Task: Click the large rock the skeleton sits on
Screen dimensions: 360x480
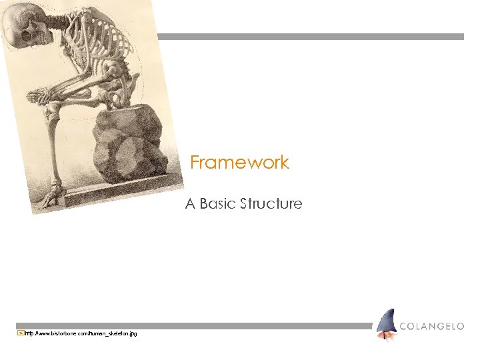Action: (x=130, y=143)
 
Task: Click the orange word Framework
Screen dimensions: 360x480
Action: (x=239, y=162)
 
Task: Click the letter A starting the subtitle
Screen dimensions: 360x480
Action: (x=190, y=203)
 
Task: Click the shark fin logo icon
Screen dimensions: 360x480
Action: (x=385, y=324)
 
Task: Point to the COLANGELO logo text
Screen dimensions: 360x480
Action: (x=432, y=326)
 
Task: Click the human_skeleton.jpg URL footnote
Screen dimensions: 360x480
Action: (x=81, y=333)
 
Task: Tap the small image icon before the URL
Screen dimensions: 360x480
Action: (x=20, y=333)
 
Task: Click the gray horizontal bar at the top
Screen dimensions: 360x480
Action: (x=310, y=37)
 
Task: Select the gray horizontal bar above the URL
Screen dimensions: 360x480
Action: (x=193, y=326)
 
